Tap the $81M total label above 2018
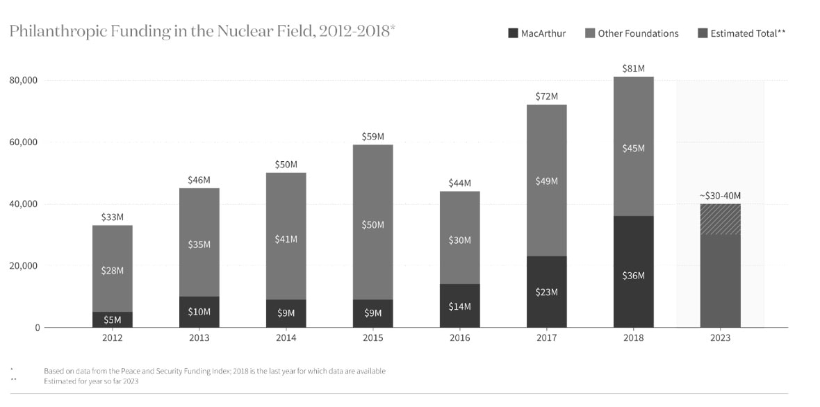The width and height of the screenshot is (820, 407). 633,68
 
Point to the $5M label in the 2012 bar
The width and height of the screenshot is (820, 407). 113,319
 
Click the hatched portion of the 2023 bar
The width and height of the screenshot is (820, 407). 720,219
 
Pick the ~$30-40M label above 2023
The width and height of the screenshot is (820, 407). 720,195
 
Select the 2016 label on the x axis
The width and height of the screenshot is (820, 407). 459,338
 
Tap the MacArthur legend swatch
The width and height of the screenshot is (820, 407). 513,33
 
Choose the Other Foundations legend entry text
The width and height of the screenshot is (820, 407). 638,33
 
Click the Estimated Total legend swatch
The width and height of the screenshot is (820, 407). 703,33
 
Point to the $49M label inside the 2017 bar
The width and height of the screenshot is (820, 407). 546,181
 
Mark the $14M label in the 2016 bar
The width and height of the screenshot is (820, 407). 459,306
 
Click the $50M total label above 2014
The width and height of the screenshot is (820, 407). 286,165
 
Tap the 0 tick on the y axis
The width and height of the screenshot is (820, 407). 38,328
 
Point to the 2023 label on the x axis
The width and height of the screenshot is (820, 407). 720,338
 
